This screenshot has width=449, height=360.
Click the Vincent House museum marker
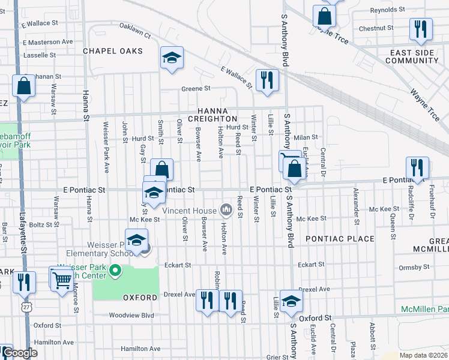(226, 209)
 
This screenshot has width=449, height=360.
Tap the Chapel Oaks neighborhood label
(113, 51)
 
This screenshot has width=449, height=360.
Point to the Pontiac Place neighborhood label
(340, 239)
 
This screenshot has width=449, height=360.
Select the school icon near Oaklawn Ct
(172, 57)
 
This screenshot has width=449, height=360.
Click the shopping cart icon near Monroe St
(62, 279)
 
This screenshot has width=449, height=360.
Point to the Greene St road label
(196, 89)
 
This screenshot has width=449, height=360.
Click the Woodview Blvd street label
(131, 315)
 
